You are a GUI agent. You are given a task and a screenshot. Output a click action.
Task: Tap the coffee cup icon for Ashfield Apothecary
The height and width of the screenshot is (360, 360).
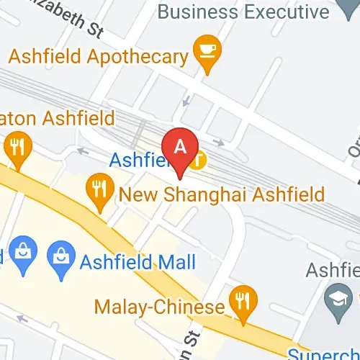pos(208,53)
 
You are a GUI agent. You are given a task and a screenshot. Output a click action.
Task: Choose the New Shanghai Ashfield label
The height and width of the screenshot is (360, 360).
pos(221,194)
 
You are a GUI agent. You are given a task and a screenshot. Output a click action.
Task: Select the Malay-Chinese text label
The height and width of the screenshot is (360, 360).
pos(159,307)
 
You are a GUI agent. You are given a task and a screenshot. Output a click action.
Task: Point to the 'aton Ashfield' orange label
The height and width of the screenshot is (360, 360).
pos(58,117)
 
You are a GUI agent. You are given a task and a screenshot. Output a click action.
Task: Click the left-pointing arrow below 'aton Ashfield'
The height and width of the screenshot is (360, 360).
pos(82,151)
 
